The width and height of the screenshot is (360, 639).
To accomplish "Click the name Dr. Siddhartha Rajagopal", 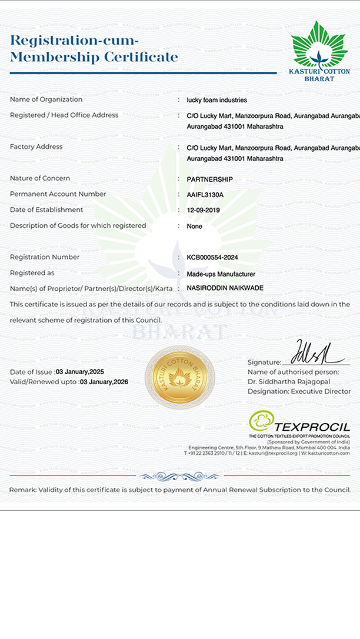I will click(x=290, y=381).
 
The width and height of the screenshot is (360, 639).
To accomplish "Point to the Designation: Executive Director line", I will click(x=299, y=391).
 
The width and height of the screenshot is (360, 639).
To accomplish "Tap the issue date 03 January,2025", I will click(x=80, y=372).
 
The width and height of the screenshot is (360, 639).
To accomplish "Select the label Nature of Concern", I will click(x=40, y=178).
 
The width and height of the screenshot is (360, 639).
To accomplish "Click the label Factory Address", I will click(x=36, y=147).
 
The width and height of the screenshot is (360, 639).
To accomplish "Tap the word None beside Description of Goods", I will click(x=194, y=227).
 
